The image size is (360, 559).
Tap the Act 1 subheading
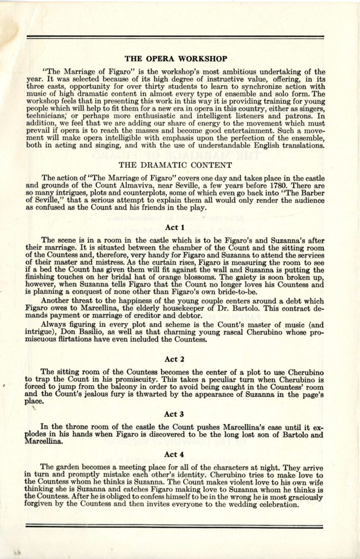175,228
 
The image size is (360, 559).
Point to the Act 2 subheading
175,359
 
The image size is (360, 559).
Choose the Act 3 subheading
175,414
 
